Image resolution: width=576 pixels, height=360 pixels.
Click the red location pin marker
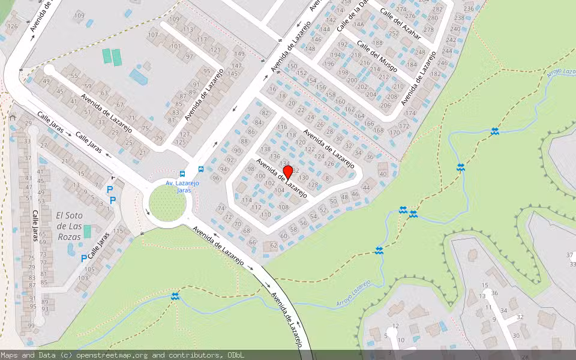click(287, 173)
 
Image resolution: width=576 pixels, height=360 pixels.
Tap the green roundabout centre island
click(166, 203)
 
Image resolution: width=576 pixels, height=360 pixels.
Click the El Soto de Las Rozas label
click(69, 220)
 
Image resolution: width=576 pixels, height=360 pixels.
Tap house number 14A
click(359, 25)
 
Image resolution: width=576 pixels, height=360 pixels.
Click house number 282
click(437, 9)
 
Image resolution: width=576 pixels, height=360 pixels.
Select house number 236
click(469, 9)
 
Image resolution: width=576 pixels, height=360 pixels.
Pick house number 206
click(386, 104)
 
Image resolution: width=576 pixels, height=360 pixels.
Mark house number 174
click(410, 113)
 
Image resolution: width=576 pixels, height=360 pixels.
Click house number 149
click(239, 53)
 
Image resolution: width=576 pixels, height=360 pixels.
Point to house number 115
click(118, 231)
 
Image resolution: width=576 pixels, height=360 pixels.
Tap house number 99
click(31, 326)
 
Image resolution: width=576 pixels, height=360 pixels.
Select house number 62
click(274, 245)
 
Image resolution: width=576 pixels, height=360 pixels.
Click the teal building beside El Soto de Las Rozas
click(88, 231)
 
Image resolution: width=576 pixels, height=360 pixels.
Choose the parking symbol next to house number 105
click(83, 259)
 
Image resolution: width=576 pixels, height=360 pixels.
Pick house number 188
click(377, 43)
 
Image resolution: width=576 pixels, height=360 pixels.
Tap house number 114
click(246, 200)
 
